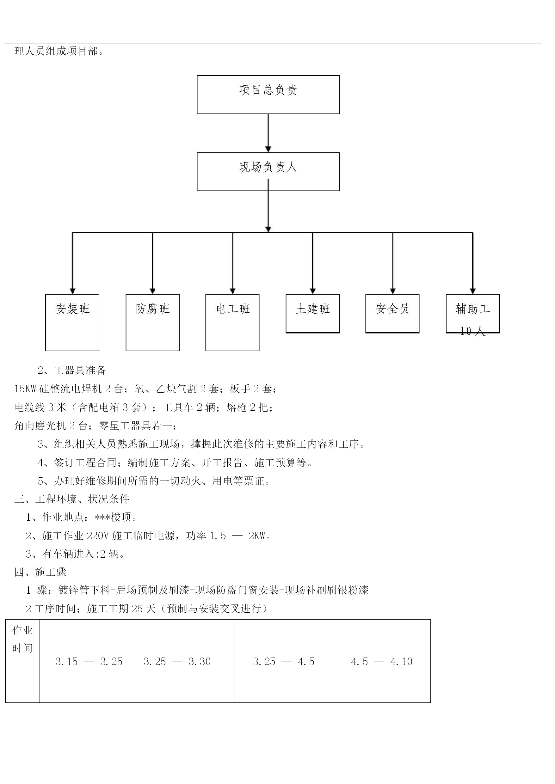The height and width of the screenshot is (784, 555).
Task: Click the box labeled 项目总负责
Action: [268, 95]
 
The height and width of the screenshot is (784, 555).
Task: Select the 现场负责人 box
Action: [268, 171]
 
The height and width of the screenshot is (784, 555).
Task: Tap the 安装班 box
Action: [72, 322]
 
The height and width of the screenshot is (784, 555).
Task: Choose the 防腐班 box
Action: [153, 322]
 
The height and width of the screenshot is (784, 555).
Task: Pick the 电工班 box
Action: [232, 322]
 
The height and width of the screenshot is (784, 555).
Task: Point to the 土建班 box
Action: [313, 313]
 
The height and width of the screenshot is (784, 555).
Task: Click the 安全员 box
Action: [392, 313]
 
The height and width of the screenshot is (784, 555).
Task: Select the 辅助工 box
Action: [473, 313]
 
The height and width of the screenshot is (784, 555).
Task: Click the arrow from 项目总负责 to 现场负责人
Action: [268, 133]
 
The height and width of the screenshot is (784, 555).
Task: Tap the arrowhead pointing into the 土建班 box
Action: [313, 291]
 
